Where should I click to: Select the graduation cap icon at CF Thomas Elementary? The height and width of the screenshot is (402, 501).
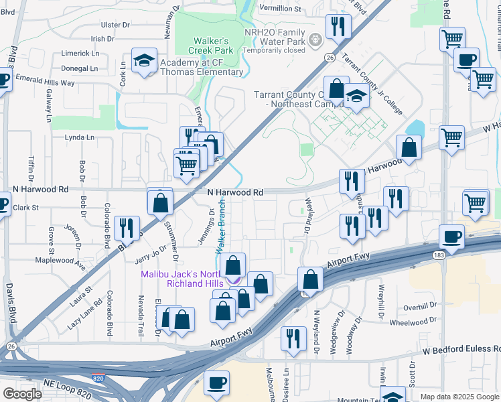(x=144, y=60)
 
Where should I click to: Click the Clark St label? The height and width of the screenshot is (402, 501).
(x=27, y=208)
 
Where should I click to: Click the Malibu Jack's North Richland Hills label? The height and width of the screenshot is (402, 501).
(x=181, y=279)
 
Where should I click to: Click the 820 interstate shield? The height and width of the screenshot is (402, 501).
(x=98, y=379)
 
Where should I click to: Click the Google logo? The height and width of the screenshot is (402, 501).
(x=22, y=394)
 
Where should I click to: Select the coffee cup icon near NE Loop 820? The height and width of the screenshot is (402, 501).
(x=216, y=382)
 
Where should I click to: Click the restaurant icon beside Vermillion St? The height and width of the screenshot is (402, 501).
(x=336, y=26)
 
